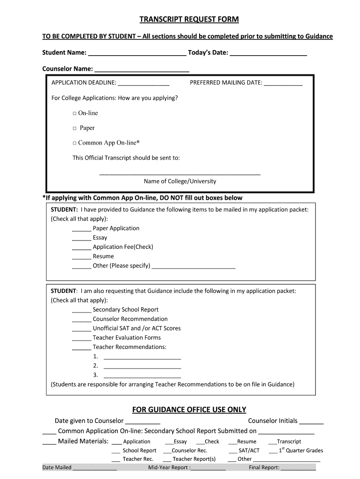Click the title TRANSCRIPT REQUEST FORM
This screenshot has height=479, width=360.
pos(189,19)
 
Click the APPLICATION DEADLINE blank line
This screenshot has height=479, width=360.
pos(144,84)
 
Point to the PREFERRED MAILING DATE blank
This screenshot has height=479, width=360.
pos(283,84)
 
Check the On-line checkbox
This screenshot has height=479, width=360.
pos(75,114)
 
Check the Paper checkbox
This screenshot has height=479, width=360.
pos(75,129)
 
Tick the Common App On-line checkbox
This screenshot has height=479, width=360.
pos(75,144)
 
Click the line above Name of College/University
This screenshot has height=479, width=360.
pos(180,173)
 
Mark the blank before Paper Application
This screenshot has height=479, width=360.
pos(81,230)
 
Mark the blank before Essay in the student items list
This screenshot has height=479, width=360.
pos(81,239)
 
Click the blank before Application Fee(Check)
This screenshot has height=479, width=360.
pos(81,248)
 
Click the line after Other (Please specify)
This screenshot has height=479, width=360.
pos(194,267)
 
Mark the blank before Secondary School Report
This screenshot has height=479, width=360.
pos(81,311)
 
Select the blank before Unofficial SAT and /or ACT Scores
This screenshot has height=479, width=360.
pos(81,330)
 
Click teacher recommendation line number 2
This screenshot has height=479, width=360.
pos(142,367)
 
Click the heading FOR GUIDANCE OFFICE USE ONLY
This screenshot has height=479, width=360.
pos(189,410)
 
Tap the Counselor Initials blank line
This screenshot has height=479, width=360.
pos(311,422)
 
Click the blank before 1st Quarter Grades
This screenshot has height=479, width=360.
pos(273,452)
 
